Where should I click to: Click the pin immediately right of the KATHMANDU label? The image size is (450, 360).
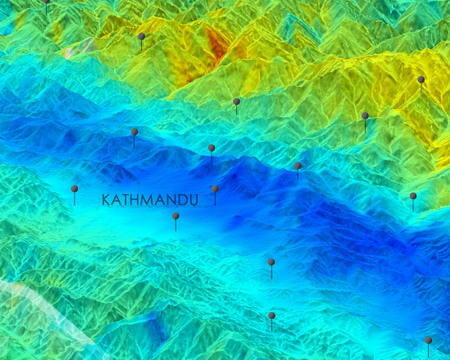click(x=215, y=189)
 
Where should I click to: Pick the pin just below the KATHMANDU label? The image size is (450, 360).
click(x=175, y=216)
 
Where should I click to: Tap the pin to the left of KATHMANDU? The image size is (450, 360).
click(x=74, y=189)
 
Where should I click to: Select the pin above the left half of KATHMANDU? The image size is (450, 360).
click(x=134, y=132)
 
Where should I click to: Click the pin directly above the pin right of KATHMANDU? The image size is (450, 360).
click(x=211, y=149)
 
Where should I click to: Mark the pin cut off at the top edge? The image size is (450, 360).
click(x=46, y=3)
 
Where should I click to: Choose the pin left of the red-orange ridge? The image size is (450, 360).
click(x=141, y=38)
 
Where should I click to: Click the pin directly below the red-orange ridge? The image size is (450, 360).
click(x=236, y=102)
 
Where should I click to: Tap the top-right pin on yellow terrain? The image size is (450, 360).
click(x=421, y=80)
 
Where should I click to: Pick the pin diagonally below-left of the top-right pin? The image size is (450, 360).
click(x=365, y=116)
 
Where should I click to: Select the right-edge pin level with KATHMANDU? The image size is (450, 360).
click(x=413, y=197)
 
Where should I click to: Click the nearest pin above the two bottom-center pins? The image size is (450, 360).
click(x=297, y=166)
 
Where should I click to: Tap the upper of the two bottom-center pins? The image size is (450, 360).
click(x=271, y=263)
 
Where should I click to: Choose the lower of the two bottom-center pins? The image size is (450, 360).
click(x=271, y=316)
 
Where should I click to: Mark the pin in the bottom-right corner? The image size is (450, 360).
click(x=428, y=341)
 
